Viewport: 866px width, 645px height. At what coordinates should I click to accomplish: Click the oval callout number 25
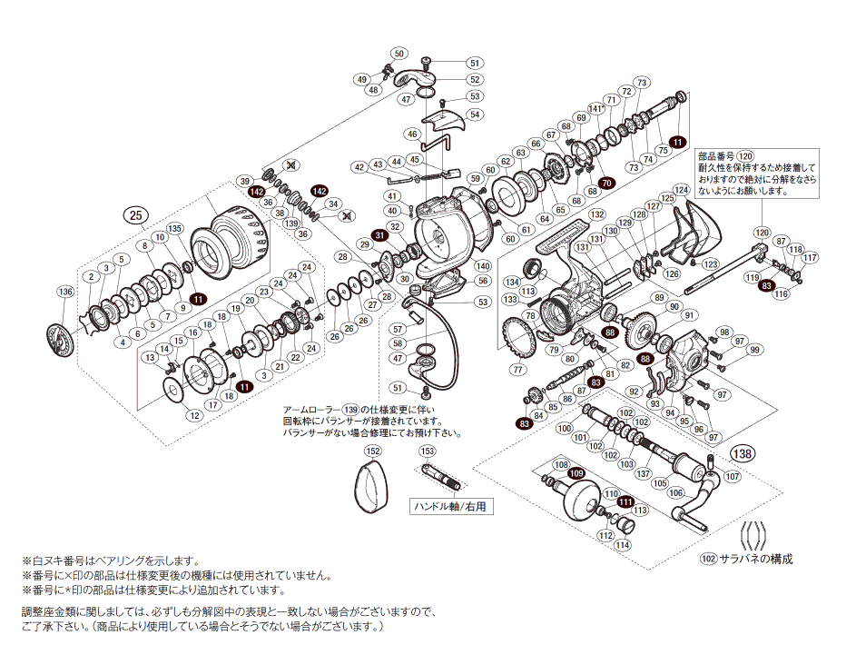pyautogui.click(x=135, y=215)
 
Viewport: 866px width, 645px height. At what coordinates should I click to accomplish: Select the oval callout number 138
pyautogui.click(x=742, y=453)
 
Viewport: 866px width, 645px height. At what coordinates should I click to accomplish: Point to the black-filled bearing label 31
pyautogui.click(x=381, y=234)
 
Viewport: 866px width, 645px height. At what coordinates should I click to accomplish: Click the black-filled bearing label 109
pyautogui.click(x=576, y=472)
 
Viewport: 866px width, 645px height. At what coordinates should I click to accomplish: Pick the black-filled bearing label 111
pyautogui.click(x=625, y=501)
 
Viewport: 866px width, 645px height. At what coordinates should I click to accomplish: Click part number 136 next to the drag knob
pyautogui.click(x=64, y=292)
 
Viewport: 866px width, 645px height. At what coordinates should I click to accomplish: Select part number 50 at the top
pyautogui.click(x=401, y=54)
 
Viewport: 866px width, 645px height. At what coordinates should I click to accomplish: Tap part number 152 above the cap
pyautogui.click(x=372, y=451)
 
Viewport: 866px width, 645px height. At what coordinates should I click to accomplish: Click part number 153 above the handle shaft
pyautogui.click(x=428, y=451)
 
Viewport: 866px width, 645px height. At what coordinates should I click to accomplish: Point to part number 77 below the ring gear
pyautogui.click(x=517, y=370)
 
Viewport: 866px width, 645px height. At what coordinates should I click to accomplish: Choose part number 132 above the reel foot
pyautogui.click(x=596, y=214)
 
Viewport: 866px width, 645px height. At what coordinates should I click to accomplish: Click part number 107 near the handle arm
pyautogui.click(x=733, y=476)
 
